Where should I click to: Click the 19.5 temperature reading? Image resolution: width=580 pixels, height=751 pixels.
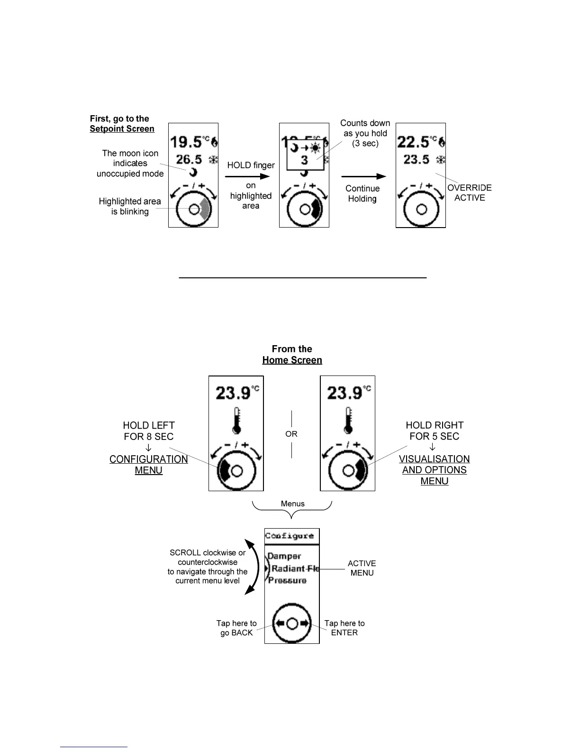(x=186, y=142)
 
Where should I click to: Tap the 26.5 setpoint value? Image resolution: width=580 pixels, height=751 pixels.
(x=189, y=160)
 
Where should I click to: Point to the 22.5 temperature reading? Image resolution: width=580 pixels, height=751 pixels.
(x=413, y=142)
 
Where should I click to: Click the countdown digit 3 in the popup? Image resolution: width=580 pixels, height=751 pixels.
(x=304, y=161)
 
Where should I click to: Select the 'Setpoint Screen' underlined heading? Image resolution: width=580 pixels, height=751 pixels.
(x=122, y=129)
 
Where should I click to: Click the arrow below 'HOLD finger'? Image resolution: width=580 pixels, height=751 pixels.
(x=247, y=176)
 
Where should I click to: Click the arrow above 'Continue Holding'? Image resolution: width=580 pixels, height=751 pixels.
(x=363, y=176)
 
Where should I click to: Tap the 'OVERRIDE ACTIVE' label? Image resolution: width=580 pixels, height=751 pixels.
(x=469, y=192)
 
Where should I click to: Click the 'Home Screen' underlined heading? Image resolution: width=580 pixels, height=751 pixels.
(x=292, y=360)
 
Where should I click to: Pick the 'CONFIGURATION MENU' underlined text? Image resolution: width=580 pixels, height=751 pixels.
(x=148, y=465)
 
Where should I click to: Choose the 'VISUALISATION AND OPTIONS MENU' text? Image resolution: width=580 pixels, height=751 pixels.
(x=434, y=470)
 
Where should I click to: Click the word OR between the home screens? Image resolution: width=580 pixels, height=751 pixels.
(x=291, y=434)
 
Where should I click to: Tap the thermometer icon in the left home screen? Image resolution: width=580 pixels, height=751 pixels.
(x=236, y=421)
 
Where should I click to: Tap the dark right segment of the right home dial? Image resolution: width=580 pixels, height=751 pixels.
(x=361, y=470)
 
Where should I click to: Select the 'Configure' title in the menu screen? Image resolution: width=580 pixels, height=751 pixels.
(x=289, y=536)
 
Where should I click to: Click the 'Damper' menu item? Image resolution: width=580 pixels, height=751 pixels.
(x=284, y=556)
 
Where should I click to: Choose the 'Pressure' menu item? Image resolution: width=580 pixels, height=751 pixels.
(x=287, y=580)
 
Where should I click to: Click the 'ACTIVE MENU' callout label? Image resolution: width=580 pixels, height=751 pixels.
(x=362, y=568)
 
